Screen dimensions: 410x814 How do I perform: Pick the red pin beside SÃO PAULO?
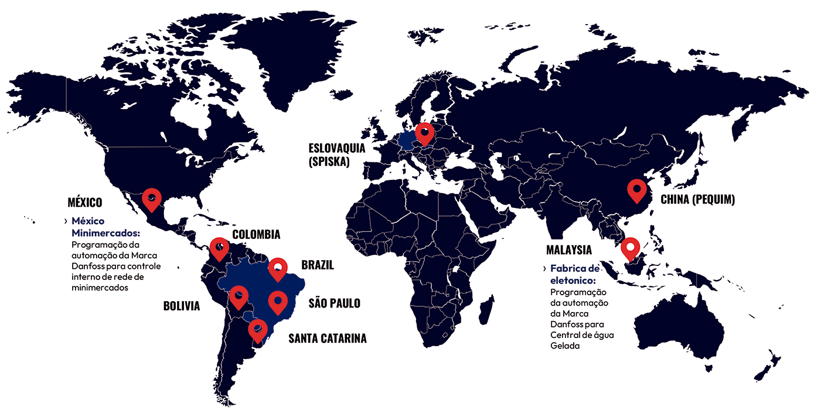(x=278, y=301)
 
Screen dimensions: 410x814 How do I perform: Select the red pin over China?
(x=637, y=190)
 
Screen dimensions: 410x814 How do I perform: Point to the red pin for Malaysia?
(x=631, y=248)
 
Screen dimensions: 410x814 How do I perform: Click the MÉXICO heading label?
(x=84, y=203)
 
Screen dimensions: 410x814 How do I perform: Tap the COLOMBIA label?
(x=256, y=235)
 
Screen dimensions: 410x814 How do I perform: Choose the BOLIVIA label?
(x=182, y=306)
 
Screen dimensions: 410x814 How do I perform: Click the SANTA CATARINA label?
(x=327, y=338)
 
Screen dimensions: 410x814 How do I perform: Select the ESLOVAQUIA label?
(x=337, y=149)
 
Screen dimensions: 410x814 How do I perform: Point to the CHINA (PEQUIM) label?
(x=697, y=200)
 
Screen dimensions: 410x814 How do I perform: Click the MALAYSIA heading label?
(x=568, y=250)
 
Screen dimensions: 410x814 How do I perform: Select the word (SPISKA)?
(x=329, y=162)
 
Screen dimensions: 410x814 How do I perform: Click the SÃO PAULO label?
(x=334, y=303)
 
